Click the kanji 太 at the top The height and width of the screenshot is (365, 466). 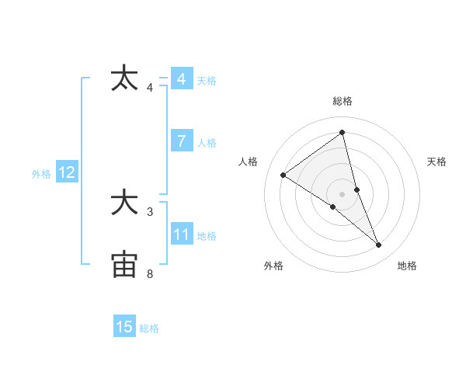coord(124,78)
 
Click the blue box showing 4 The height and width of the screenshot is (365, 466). coord(181,79)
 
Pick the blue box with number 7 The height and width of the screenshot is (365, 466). coord(181,141)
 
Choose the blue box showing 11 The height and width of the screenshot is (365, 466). coord(181,235)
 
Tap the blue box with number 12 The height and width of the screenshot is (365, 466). coord(66,172)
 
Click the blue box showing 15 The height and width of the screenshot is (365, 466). coord(124,327)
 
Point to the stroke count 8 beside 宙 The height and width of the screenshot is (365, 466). coord(150,273)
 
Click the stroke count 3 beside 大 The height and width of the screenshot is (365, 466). coord(150,210)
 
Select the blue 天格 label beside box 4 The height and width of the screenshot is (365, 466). coord(207,80)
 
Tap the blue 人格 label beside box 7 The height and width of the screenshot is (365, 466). coord(207,142)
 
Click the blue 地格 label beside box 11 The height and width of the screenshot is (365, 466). coord(207,235)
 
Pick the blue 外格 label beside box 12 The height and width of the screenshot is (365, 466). coord(41,174)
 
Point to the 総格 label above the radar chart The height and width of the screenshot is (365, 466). coord(342,101)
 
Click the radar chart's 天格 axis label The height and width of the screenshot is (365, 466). coord(437,162)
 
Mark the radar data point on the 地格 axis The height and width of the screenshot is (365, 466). coord(379,245)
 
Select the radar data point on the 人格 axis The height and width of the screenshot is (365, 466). coord(283,175)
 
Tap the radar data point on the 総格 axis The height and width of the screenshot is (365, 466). coord(342,132)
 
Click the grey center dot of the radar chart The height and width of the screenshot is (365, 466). coord(342,193)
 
